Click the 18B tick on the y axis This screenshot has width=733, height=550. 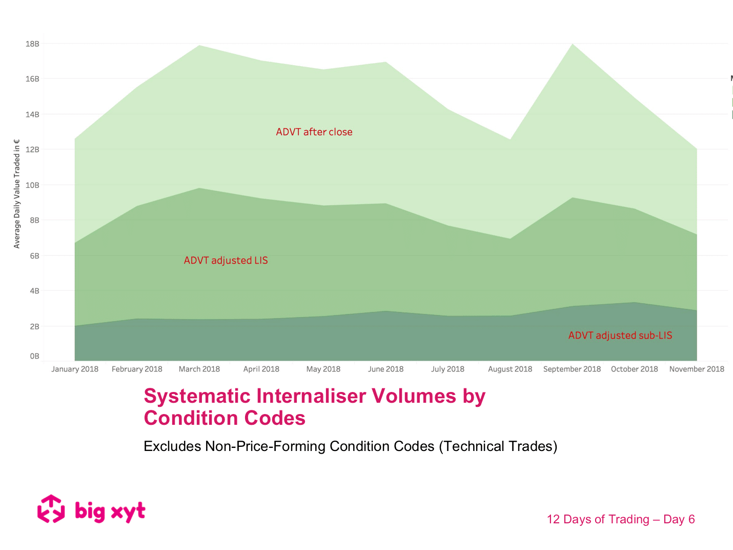coord(32,44)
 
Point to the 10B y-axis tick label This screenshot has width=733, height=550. coord(32,185)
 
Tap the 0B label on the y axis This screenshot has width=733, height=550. coord(34,356)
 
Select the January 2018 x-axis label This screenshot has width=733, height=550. coord(75,369)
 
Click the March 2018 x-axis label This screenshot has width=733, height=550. coord(199,369)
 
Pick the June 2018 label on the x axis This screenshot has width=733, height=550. coord(385,369)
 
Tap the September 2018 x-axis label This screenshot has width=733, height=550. coord(572,369)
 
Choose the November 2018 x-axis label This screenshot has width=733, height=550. coord(697,369)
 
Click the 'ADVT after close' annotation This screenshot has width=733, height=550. coord(314,132)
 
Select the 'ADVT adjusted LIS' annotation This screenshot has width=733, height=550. coord(226,261)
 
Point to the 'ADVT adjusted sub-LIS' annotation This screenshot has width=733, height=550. coord(620,336)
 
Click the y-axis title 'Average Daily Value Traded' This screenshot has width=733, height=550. coord(17,194)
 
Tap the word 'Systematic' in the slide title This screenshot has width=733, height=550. coord(197,396)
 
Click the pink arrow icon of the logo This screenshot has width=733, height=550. coord(51,509)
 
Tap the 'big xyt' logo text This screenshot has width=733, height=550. coord(110,512)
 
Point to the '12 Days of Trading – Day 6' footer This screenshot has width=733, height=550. coord(620,519)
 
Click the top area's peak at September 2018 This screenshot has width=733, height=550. coord(572,44)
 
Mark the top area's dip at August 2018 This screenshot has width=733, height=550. coord(510,140)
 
